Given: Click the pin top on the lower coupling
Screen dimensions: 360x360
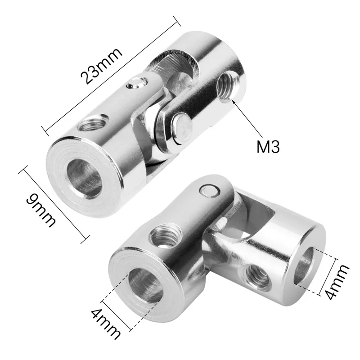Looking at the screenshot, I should tap(209, 191).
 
